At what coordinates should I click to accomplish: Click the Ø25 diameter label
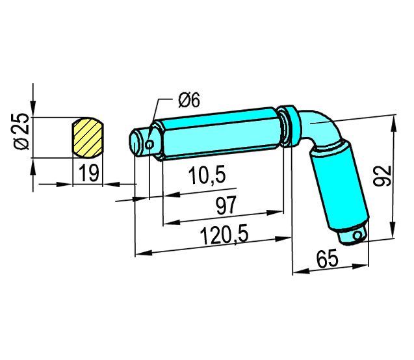(x=21, y=131)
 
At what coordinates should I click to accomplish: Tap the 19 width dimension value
(x=89, y=173)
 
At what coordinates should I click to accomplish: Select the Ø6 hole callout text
(x=189, y=100)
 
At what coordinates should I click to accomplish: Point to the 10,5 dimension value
(x=207, y=175)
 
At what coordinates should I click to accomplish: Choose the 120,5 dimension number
(x=225, y=235)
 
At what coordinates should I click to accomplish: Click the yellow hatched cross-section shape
(x=88, y=138)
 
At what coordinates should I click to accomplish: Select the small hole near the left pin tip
(x=149, y=144)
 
